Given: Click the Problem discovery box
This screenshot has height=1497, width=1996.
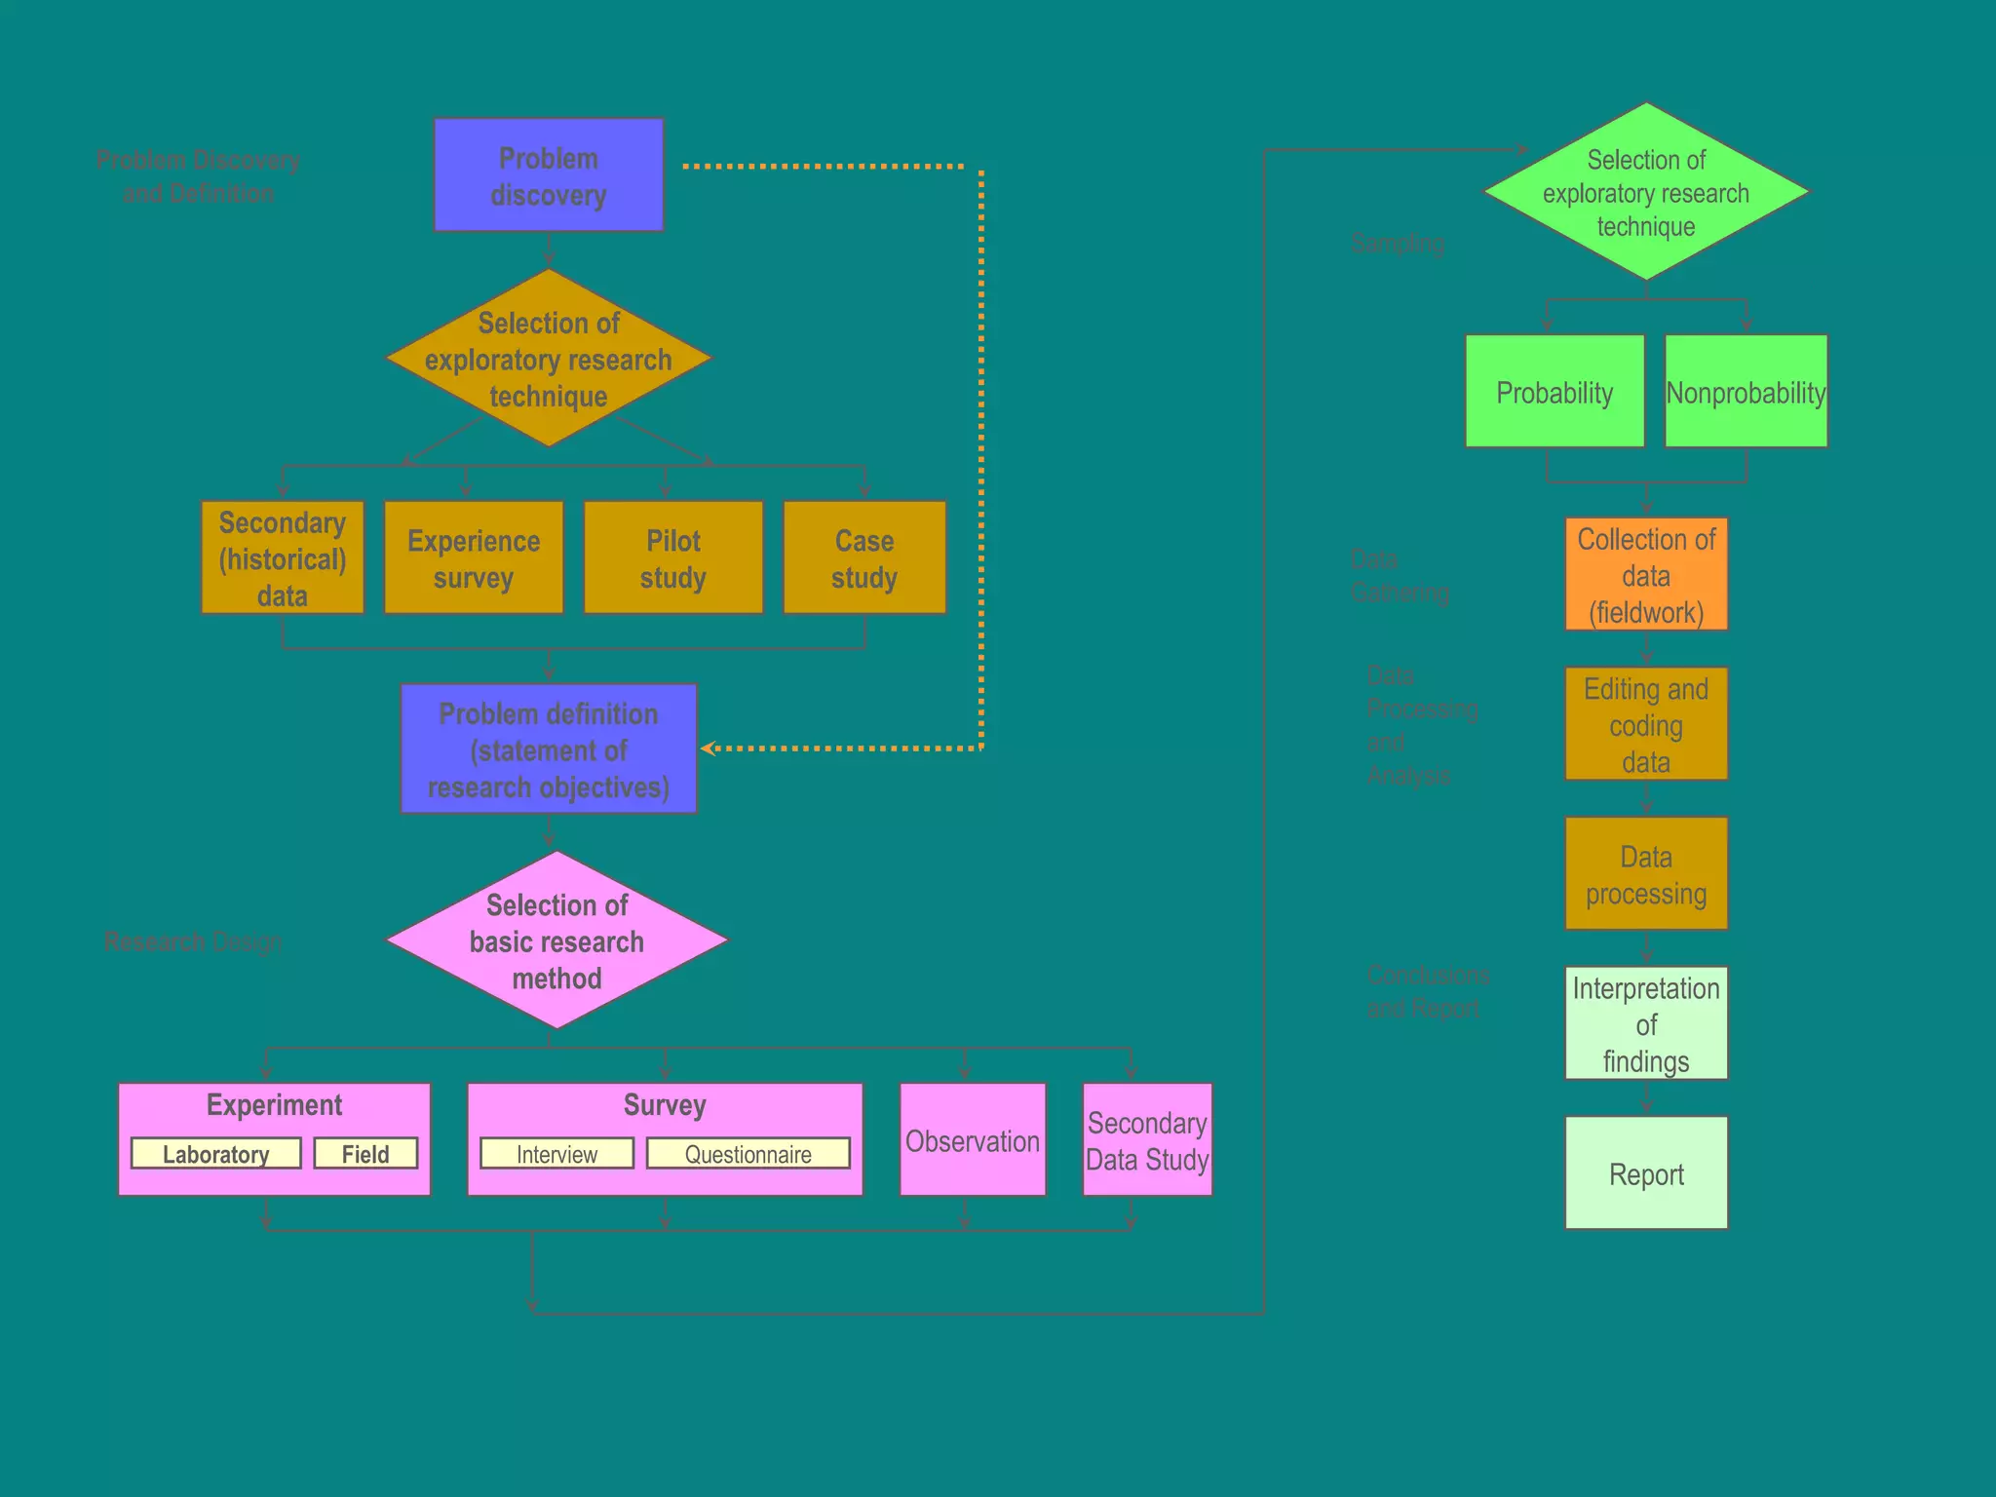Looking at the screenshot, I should [x=549, y=175].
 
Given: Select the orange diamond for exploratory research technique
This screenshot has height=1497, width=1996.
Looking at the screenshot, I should [x=549, y=359].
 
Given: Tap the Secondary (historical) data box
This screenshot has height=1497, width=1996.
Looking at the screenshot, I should [x=283, y=558].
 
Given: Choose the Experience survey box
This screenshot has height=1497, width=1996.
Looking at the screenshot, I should [x=474, y=558].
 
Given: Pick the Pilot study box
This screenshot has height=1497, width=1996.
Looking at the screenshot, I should [x=673, y=558].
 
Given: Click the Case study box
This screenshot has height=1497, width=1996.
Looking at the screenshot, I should [x=864, y=558].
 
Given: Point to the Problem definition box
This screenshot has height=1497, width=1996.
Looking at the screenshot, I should [x=549, y=749].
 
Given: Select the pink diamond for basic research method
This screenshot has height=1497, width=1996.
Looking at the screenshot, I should [x=557, y=940].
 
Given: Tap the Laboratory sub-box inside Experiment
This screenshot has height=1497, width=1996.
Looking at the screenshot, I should [x=215, y=1154].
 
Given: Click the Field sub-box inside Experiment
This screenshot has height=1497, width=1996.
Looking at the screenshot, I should [x=365, y=1154].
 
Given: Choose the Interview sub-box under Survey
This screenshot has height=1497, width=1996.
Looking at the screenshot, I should [x=557, y=1154].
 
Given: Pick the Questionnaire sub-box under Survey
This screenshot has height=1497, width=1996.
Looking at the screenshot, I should [x=748, y=1154].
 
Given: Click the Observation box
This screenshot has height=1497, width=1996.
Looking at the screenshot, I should [x=973, y=1140].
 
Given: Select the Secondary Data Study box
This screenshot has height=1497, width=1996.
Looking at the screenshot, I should [x=1147, y=1140].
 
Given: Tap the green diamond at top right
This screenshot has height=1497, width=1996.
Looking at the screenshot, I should [x=1646, y=192].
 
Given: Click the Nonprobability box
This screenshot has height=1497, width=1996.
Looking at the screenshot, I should [x=1746, y=392].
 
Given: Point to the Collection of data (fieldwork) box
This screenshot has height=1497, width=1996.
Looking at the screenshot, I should [x=1646, y=575].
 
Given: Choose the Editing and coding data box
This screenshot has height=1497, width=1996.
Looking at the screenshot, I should [x=1646, y=724].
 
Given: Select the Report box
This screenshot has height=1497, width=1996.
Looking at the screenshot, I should [x=1646, y=1173].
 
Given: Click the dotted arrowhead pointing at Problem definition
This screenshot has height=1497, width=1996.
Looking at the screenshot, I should [x=709, y=748].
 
